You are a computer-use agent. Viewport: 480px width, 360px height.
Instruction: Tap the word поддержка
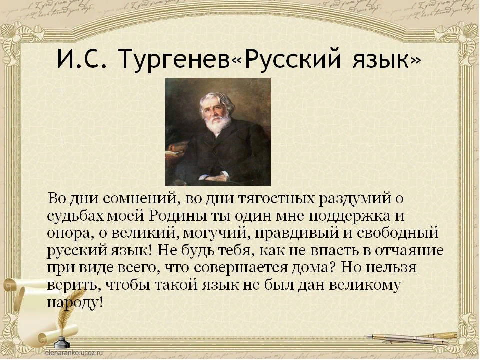pos(356,216)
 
